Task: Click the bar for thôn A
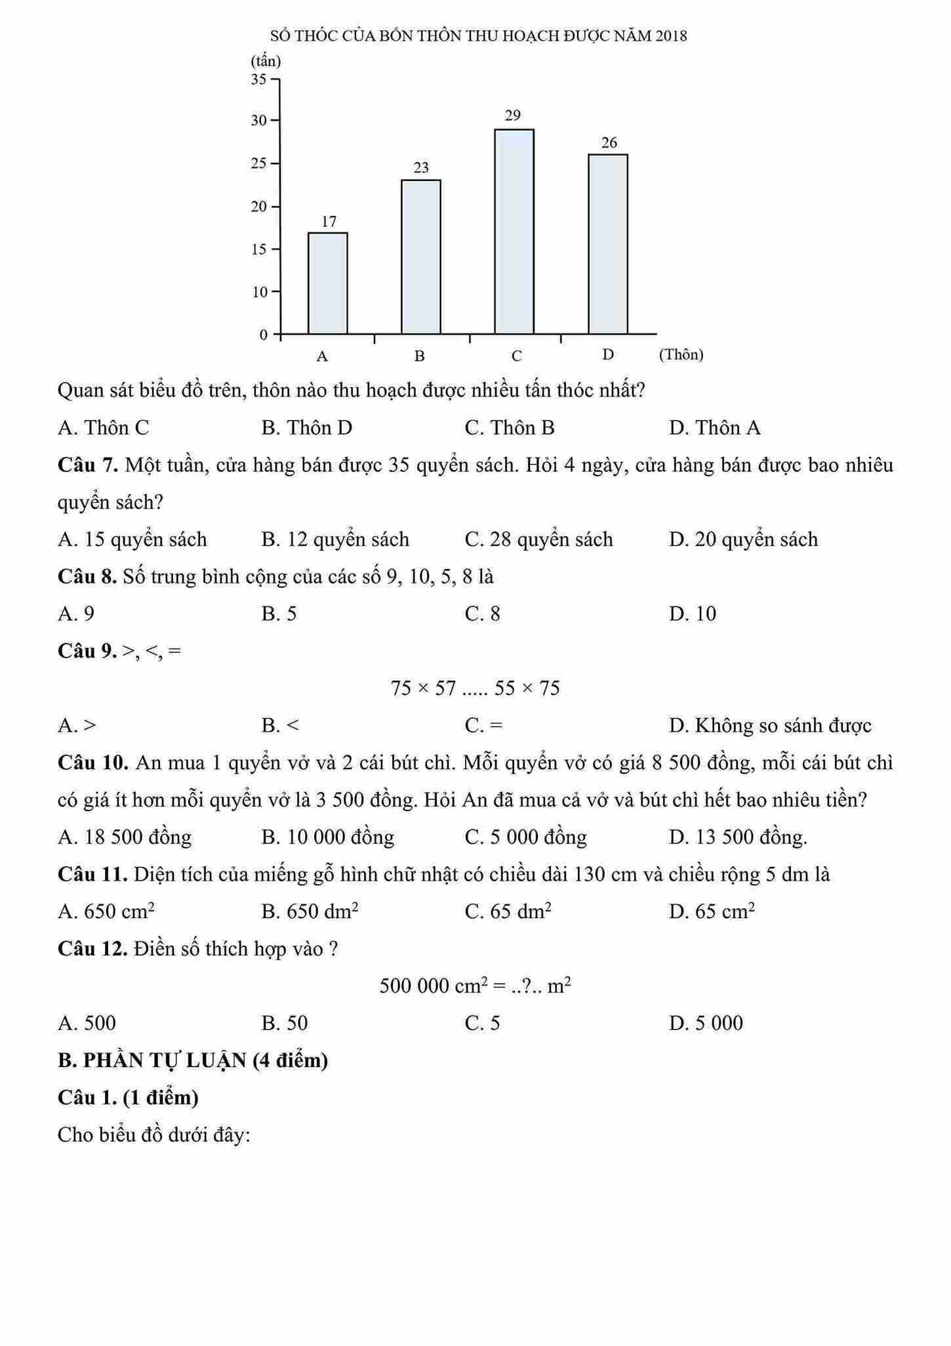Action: pyautogui.click(x=328, y=284)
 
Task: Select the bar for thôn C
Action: pyautogui.click(x=514, y=232)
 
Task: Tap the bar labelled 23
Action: pyautogui.click(x=421, y=257)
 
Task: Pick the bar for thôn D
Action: pyautogui.click(x=608, y=244)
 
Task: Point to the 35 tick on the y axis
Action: pyautogui.click(x=259, y=79)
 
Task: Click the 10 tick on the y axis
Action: pyautogui.click(x=260, y=291)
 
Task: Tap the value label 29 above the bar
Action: pyautogui.click(x=513, y=116)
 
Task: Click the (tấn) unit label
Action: pyautogui.click(x=266, y=62)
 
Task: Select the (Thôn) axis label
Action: pyautogui.click(x=681, y=355)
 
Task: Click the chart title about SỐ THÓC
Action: pyautogui.click(x=478, y=36)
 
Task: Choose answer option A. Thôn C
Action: pyautogui.click(x=104, y=428)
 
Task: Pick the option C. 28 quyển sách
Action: pyautogui.click(x=538, y=539)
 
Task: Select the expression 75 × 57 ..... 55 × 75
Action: pyautogui.click(x=475, y=688)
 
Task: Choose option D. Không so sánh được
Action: pyautogui.click(x=770, y=726)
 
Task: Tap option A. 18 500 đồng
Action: pyautogui.click(x=125, y=837)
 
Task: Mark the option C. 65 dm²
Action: pyautogui.click(x=508, y=912)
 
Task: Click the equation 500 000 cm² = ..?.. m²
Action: pyautogui.click(x=475, y=986)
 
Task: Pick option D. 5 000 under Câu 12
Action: pyautogui.click(x=706, y=1023)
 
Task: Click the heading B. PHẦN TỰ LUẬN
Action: pyautogui.click(x=193, y=1061)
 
